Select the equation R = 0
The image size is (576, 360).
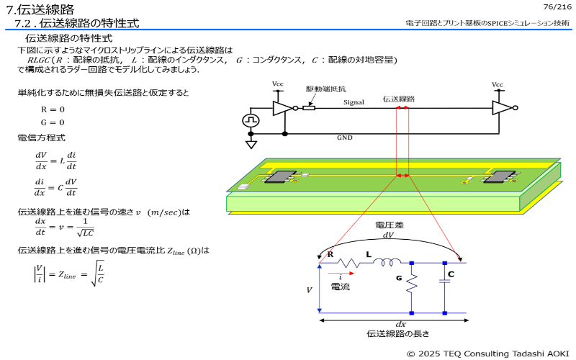tap(53, 109)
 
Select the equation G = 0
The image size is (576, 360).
tap(53, 122)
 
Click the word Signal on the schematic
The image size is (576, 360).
tap(354, 103)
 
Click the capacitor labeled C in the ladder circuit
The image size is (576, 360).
tap(445, 283)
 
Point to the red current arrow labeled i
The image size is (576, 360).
tap(343, 274)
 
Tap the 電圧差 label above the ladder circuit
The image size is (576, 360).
tap(389, 225)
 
